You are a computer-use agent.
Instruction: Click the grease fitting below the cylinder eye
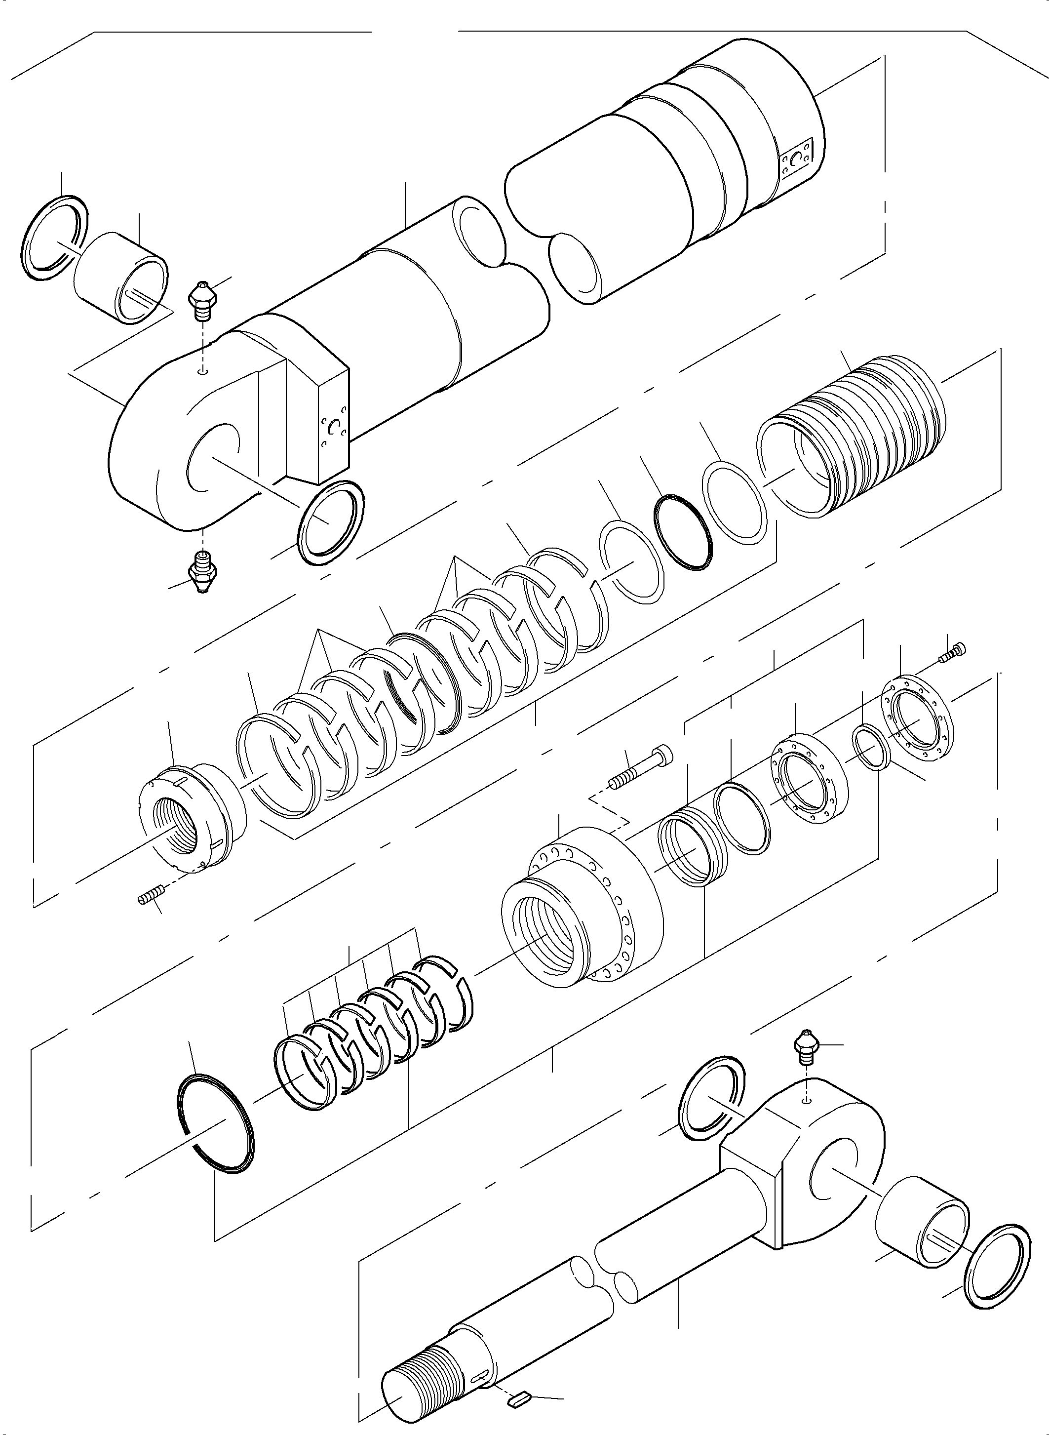tap(202, 570)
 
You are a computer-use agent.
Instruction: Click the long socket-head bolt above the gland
tap(641, 767)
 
